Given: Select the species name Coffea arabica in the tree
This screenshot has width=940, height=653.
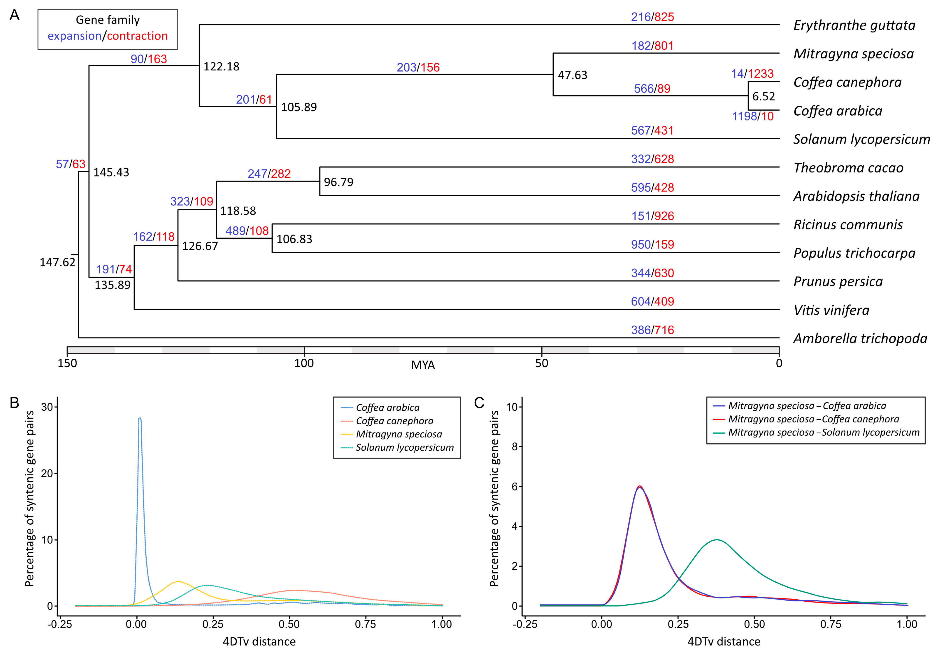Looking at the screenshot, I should pos(837,111).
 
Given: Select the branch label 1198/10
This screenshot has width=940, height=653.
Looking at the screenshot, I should pos(752,116).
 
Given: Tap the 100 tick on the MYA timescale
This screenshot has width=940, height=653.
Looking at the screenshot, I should pos(304,363).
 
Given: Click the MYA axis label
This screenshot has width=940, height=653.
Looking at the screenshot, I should pos(423,365).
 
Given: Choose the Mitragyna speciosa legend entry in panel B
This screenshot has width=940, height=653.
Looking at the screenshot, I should pos(399,434).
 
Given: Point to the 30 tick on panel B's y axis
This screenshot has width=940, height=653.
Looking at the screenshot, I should pos(47,407).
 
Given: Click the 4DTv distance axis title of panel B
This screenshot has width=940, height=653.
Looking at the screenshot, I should pos(259,641).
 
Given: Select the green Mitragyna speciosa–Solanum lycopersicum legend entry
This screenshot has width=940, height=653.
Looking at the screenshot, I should pos(824,432).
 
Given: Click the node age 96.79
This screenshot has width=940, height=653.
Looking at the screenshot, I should pos(338,182).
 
